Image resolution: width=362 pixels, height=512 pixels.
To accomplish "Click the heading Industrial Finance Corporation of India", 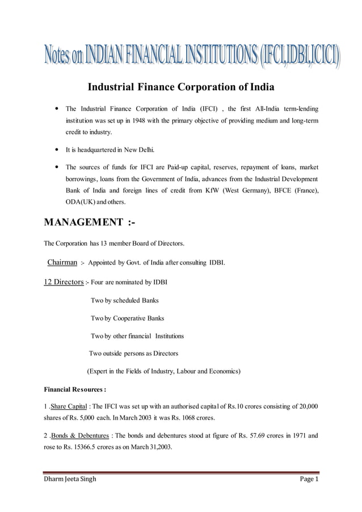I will (x=180, y=88).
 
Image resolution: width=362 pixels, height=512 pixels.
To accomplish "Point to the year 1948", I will (x=141, y=120).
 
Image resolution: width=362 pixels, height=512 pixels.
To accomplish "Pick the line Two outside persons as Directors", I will (x=134, y=353).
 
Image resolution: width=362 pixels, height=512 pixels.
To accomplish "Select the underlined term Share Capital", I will (x=69, y=406).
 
